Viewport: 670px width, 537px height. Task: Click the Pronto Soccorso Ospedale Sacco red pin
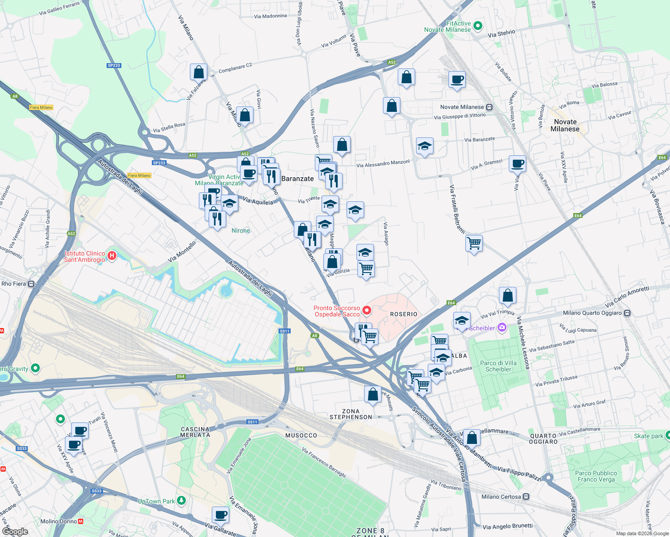[367, 310]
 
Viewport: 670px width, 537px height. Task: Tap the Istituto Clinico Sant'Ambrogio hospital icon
[112, 256]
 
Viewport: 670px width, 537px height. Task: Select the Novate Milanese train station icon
[489, 107]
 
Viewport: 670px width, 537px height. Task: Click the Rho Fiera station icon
[31, 284]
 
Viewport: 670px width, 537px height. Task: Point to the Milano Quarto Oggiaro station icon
[627, 313]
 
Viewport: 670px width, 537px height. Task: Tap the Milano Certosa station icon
[526, 496]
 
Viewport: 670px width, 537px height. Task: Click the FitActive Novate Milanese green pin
[477, 26]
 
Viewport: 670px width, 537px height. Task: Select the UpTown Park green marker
[181, 500]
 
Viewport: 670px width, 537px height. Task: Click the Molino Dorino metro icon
[81, 521]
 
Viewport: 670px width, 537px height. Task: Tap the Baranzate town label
[297, 179]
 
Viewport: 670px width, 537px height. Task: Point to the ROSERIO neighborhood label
[404, 314]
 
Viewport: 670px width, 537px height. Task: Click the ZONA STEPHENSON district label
[351, 414]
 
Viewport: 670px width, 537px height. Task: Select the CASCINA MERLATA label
[195, 432]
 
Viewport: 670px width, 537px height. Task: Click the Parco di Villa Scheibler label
[498, 366]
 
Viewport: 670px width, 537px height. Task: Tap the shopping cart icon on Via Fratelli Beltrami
[474, 243]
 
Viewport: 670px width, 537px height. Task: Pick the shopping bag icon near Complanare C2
[198, 72]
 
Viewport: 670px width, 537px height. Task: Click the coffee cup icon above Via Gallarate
[220, 515]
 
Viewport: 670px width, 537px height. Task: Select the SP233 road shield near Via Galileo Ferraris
[114, 65]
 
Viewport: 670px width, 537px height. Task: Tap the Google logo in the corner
[15, 531]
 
